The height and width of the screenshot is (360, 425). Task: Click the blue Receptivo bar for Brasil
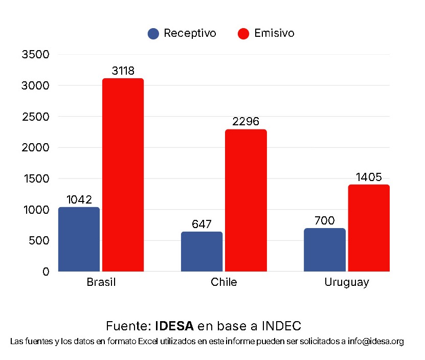pos(79,239)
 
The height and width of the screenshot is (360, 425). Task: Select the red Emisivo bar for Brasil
pos(123,174)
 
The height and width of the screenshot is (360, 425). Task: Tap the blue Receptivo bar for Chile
pos(202,251)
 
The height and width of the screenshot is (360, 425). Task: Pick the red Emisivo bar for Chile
pos(245,200)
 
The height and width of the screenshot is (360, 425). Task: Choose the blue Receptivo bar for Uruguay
pos(324,250)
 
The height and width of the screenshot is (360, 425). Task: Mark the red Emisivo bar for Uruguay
pos(368,228)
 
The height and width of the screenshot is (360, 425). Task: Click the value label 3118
pos(123,71)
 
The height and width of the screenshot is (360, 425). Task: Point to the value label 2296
pos(245,122)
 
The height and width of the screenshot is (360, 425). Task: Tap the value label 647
pos(202,224)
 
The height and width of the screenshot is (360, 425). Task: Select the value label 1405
pos(368,177)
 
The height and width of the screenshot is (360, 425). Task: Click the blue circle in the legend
pos(153,34)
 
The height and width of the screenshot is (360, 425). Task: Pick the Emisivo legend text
pos(274,33)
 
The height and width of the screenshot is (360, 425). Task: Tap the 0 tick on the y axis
pos(46,272)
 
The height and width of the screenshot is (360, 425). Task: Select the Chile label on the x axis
pos(223,282)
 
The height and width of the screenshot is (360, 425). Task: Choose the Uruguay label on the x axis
pos(346,282)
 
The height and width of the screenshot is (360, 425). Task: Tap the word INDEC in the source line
pos(281,326)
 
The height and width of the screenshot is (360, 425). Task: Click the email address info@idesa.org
pos(375,341)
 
